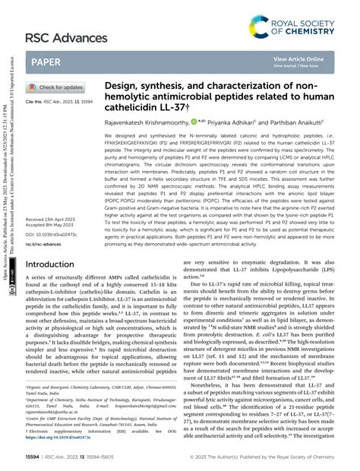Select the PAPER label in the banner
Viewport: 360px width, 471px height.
46,62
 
